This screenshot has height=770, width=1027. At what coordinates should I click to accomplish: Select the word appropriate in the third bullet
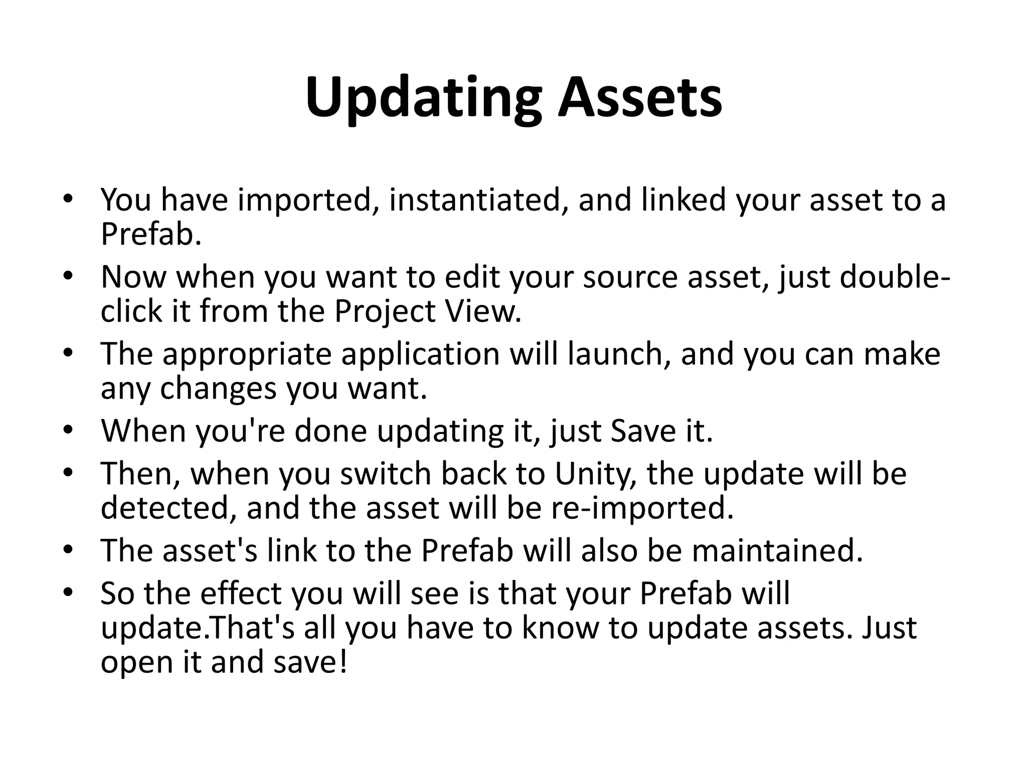click(x=247, y=354)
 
